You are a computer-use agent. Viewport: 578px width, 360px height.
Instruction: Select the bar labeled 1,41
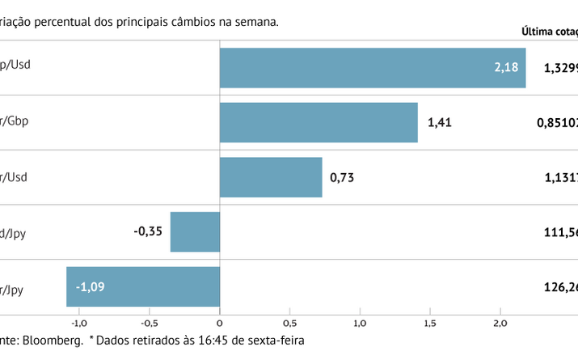click(x=319, y=122)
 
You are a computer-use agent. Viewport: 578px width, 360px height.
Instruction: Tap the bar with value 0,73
click(x=271, y=177)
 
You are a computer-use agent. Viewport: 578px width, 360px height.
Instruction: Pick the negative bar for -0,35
click(x=195, y=231)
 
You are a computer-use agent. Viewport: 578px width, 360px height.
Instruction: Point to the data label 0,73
click(x=343, y=177)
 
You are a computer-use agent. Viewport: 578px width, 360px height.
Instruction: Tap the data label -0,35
click(x=148, y=231)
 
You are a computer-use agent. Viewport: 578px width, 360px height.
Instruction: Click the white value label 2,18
click(x=506, y=68)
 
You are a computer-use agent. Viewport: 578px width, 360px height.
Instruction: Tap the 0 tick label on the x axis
click(x=220, y=323)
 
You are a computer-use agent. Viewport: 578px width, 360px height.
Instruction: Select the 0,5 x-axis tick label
click(x=289, y=323)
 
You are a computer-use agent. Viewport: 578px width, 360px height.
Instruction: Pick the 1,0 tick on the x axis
click(x=360, y=323)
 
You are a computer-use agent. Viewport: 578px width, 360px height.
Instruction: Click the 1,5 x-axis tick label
click(x=430, y=323)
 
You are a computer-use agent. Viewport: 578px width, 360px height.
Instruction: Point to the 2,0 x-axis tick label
click(x=500, y=323)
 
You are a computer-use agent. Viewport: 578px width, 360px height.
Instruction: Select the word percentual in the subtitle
click(x=73, y=22)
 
